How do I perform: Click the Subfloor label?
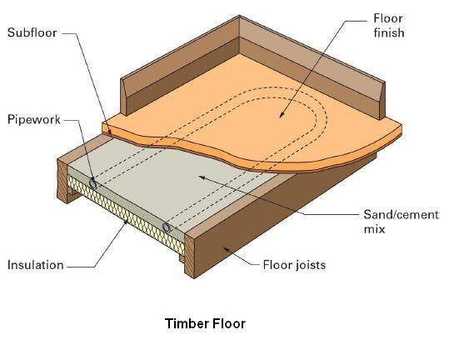click(32, 32)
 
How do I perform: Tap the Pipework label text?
click(34, 119)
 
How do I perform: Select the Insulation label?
click(36, 265)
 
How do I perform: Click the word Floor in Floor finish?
click(388, 18)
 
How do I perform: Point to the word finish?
click(389, 32)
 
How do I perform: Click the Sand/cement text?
click(401, 215)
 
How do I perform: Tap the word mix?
click(374, 229)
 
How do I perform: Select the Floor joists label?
click(294, 265)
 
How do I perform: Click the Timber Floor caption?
click(205, 323)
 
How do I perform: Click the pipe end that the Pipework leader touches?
click(92, 182)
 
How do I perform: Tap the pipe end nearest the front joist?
click(167, 227)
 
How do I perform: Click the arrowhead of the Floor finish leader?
click(282, 114)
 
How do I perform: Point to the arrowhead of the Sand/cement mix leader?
click(202, 177)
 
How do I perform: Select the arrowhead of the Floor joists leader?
click(227, 250)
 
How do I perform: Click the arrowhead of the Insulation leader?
click(125, 222)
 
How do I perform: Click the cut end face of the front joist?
click(189, 256)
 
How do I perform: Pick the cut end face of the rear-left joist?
click(62, 181)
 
